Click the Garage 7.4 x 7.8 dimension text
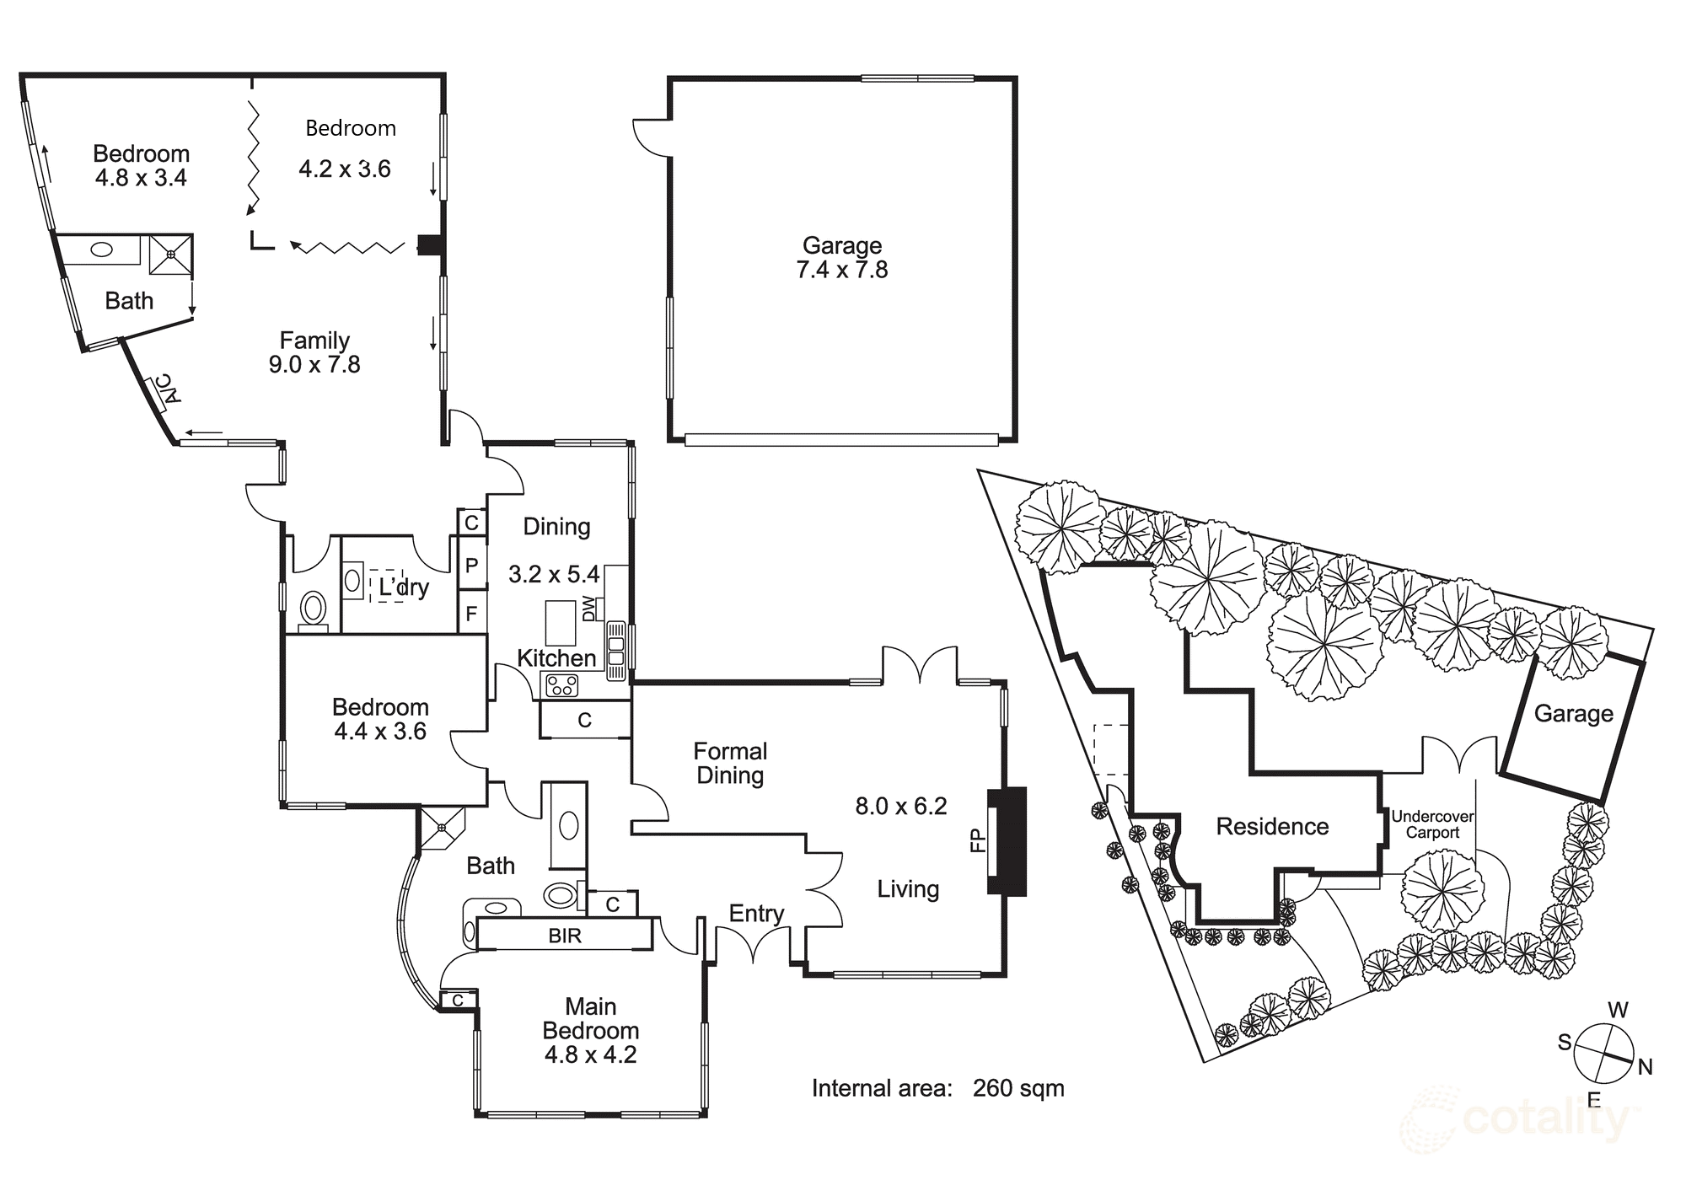pos(841,270)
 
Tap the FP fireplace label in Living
pos(978,840)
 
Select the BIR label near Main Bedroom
pos(564,936)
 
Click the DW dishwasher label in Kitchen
pos(588,608)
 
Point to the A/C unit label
pos(169,389)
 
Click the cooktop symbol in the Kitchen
pos(561,685)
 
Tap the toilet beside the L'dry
pos(314,607)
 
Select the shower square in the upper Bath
pos(171,254)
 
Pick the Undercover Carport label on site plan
pos(1432,824)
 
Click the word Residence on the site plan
pos(1271,826)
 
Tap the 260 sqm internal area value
pos(1018,1088)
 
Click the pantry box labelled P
pos(471,566)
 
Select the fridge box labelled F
pos(471,614)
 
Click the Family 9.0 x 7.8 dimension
pos(314,364)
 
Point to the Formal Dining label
pos(730,763)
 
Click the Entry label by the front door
pos(756,914)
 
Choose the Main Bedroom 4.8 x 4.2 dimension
pos(590,1054)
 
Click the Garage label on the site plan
pos(1573,713)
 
